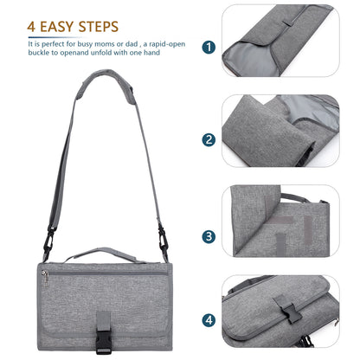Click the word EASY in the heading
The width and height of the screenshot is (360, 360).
pyautogui.click(x=60, y=27)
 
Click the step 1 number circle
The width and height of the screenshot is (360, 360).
pyautogui.click(x=209, y=48)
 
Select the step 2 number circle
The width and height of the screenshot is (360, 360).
pyautogui.click(x=209, y=139)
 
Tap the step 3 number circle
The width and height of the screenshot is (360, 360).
pyautogui.click(x=209, y=235)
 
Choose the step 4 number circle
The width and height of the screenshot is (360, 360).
pyautogui.click(x=209, y=319)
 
